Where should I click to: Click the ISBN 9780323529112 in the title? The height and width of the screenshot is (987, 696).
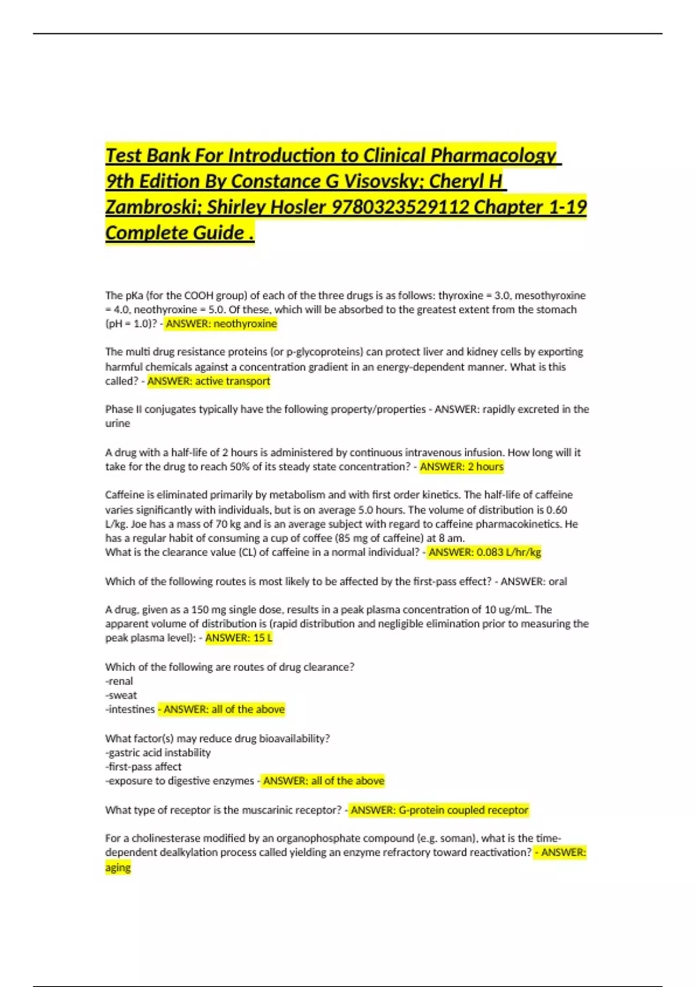[x=400, y=207]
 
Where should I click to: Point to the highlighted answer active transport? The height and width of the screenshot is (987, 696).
[x=233, y=381]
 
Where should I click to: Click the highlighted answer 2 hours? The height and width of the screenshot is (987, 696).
[x=485, y=466]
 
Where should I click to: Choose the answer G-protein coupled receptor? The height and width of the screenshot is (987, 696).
[x=463, y=809]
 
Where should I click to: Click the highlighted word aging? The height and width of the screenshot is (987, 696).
[x=118, y=867]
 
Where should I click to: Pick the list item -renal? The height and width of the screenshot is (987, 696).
[x=119, y=681]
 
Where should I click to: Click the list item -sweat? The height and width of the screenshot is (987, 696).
[x=121, y=695]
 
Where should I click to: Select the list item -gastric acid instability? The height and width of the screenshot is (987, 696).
[x=158, y=752]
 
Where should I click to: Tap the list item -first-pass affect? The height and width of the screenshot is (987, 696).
[x=143, y=766]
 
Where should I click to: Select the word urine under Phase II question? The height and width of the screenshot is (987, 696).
[x=118, y=423]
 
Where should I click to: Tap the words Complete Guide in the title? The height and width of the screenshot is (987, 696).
[x=175, y=233]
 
